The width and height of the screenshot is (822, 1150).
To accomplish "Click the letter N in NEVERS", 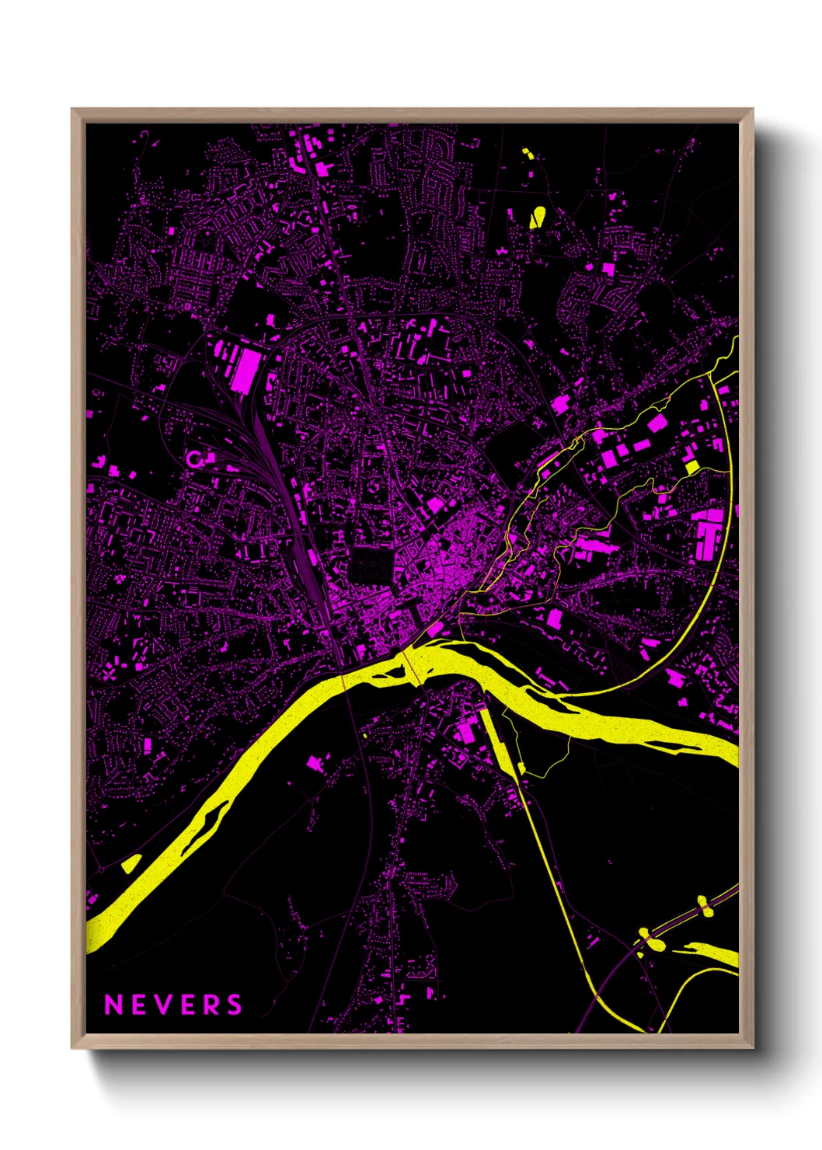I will [113, 1005].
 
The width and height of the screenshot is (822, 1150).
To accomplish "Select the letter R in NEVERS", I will [213, 1005].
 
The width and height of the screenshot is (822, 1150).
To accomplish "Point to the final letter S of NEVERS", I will [235, 1005].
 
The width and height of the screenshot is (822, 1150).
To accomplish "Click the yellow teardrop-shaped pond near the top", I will [537, 216].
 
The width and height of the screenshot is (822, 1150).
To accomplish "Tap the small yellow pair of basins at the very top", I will [527, 152].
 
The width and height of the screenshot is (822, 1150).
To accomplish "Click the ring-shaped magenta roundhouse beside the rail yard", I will [194, 459].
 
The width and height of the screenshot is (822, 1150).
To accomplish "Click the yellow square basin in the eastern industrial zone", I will [691, 467].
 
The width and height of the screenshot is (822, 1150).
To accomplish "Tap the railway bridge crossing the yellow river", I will [343, 678].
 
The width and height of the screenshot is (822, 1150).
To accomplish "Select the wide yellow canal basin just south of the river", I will [496, 738].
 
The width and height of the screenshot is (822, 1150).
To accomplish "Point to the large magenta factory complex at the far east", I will [709, 534].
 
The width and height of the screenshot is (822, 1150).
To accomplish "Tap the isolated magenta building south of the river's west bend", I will [315, 762].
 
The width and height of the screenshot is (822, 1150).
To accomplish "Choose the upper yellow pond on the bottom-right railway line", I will [704, 905].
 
